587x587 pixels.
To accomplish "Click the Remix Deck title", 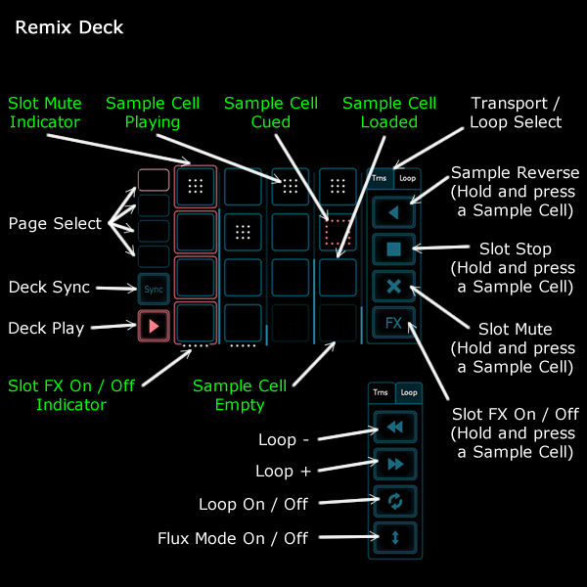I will (x=69, y=27).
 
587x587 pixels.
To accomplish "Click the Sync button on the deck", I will (x=153, y=290).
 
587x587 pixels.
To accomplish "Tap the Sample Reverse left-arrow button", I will (x=394, y=209).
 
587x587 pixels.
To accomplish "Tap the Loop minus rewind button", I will (x=394, y=428).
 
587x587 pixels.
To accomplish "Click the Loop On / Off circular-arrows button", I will (x=394, y=501).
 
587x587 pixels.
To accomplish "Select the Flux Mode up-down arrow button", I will (x=394, y=537).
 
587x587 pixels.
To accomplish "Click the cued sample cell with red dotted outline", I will (x=337, y=232).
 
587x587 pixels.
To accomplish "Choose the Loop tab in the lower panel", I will (x=408, y=393).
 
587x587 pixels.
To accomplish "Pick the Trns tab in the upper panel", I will (x=379, y=179).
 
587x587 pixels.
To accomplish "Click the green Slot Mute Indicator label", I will (x=45, y=113).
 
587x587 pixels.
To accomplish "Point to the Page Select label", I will (x=55, y=224).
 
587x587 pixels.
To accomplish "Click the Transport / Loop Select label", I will (x=516, y=113).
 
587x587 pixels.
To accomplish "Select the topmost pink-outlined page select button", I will (x=153, y=179).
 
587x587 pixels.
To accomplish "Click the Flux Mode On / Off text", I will (x=233, y=538).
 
